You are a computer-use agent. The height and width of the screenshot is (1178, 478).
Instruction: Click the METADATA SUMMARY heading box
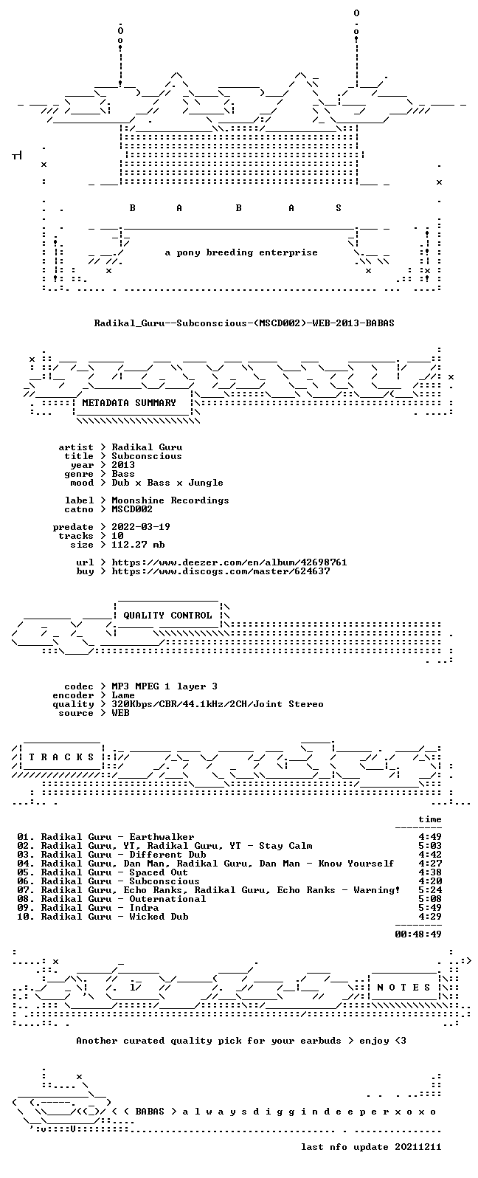[129, 403]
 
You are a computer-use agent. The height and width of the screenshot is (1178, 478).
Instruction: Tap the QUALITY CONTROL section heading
[167, 616]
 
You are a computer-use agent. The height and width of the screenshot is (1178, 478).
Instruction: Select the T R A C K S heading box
[61, 757]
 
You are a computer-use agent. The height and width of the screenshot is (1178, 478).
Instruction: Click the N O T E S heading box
[403, 987]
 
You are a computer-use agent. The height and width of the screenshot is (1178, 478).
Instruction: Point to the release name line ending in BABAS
[244, 323]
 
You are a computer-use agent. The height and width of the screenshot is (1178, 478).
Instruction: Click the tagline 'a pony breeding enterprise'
[241, 252]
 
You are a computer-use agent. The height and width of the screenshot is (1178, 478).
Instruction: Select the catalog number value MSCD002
[132, 509]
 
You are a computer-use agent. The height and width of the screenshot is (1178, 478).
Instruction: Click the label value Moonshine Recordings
[170, 500]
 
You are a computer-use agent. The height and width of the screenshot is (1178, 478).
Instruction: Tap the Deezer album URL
[229, 562]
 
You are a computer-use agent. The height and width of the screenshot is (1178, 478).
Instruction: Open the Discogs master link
[221, 571]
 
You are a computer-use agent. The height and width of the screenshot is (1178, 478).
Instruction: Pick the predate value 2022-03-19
[141, 527]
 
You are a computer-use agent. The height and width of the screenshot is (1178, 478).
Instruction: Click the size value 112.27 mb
[138, 545]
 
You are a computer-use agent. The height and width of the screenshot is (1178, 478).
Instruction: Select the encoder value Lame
[123, 695]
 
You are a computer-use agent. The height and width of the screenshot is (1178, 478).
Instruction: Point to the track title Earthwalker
[162, 837]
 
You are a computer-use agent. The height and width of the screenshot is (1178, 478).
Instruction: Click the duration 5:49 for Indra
[430, 908]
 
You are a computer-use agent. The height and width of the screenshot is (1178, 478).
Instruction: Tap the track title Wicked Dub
[159, 917]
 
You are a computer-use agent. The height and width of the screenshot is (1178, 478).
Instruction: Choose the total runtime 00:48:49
[418, 934]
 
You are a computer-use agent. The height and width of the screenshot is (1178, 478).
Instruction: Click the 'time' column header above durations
[430, 819]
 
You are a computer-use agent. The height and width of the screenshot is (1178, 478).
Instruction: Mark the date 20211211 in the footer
[418, 1147]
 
